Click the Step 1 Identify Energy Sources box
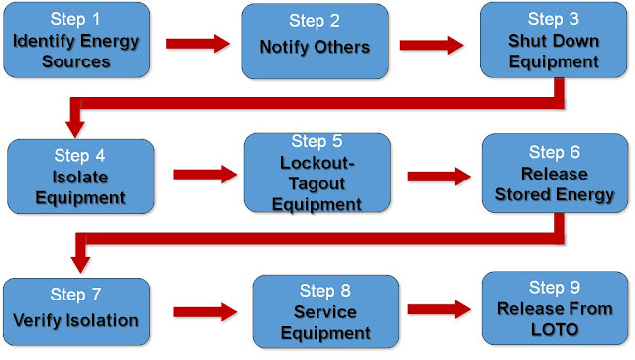coord(77,41)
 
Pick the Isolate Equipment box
coord(80,173)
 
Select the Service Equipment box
coord(326,308)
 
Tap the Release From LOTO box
coord(555,306)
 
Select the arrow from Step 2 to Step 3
coord(433,44)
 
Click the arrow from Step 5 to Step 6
coord(438,175)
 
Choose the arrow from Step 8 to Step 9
coord(441,310)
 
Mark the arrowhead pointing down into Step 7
coord(80,262)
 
